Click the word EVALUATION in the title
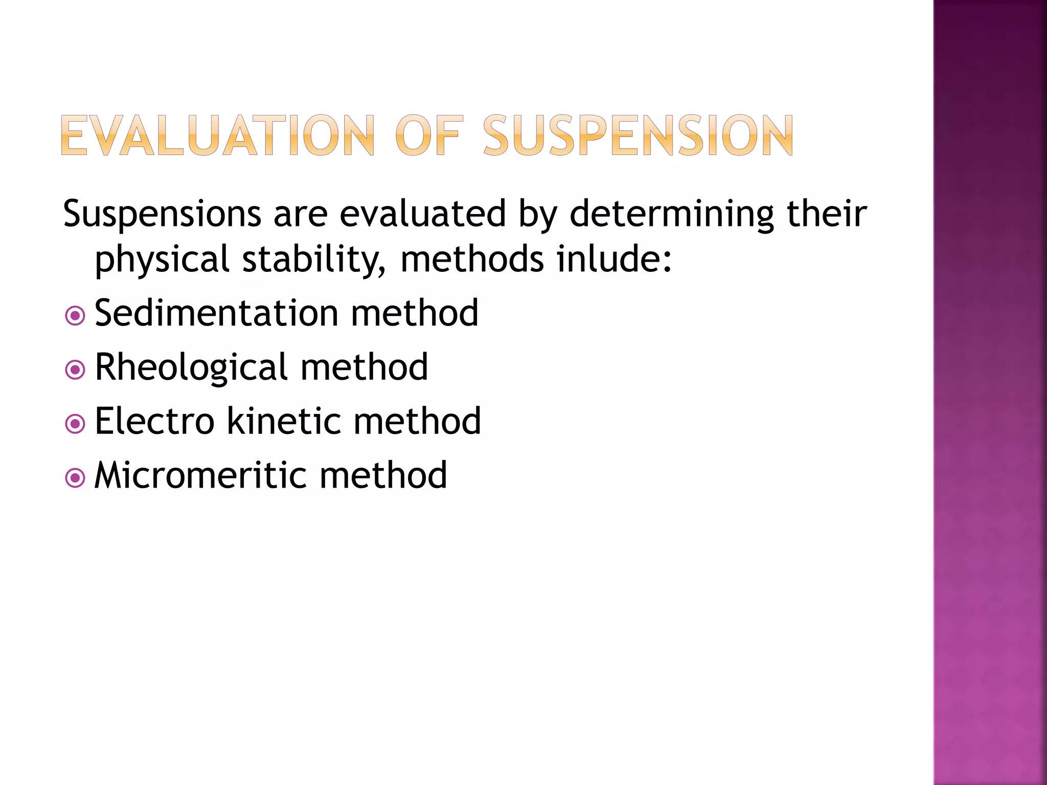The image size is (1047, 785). click(x=217, y=135)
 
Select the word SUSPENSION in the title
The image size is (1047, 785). click(x=638, y=135)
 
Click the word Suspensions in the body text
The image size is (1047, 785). click(x=162, y=214)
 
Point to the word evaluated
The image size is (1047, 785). click(x=422, y=213)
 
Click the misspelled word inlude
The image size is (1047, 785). click(x=613, y=259)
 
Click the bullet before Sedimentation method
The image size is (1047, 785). click(x=75, y=316)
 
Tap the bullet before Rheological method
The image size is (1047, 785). click(x=75, y=370)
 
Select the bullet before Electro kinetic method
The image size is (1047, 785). click(x=75, y=424)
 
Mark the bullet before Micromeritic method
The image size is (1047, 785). click(x=75, y=478)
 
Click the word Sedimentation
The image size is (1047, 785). click(x=216, y=313)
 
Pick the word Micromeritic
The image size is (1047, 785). click(x=200, y=475)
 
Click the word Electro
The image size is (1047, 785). click(x=154, y=421)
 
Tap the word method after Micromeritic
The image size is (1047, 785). click(x=383, y=475)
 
